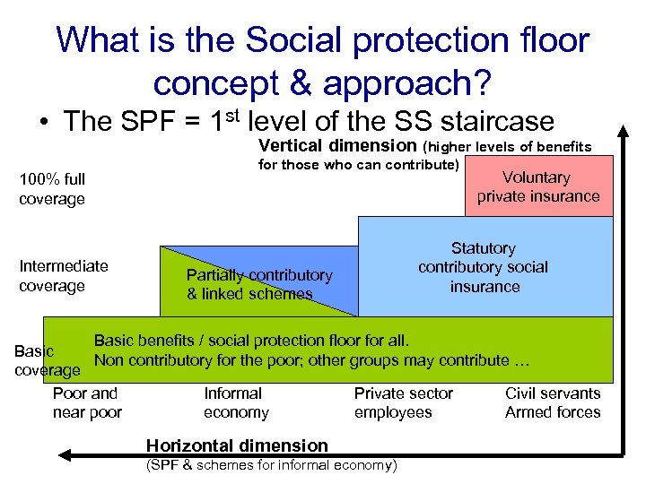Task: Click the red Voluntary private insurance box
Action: [538, 186]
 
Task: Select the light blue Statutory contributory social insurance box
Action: [484, 267]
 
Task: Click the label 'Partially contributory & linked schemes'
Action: [258, 284]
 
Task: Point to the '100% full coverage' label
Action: [52, 189]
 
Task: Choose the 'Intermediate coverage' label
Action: [63, 275]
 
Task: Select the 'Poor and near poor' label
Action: [86, 402]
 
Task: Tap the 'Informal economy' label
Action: [235, 402]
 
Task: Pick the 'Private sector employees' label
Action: [403, 402]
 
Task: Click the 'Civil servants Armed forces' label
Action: [553, 402]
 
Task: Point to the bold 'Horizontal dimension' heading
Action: [237, 445]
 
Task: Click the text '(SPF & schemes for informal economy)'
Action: [271, 465]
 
